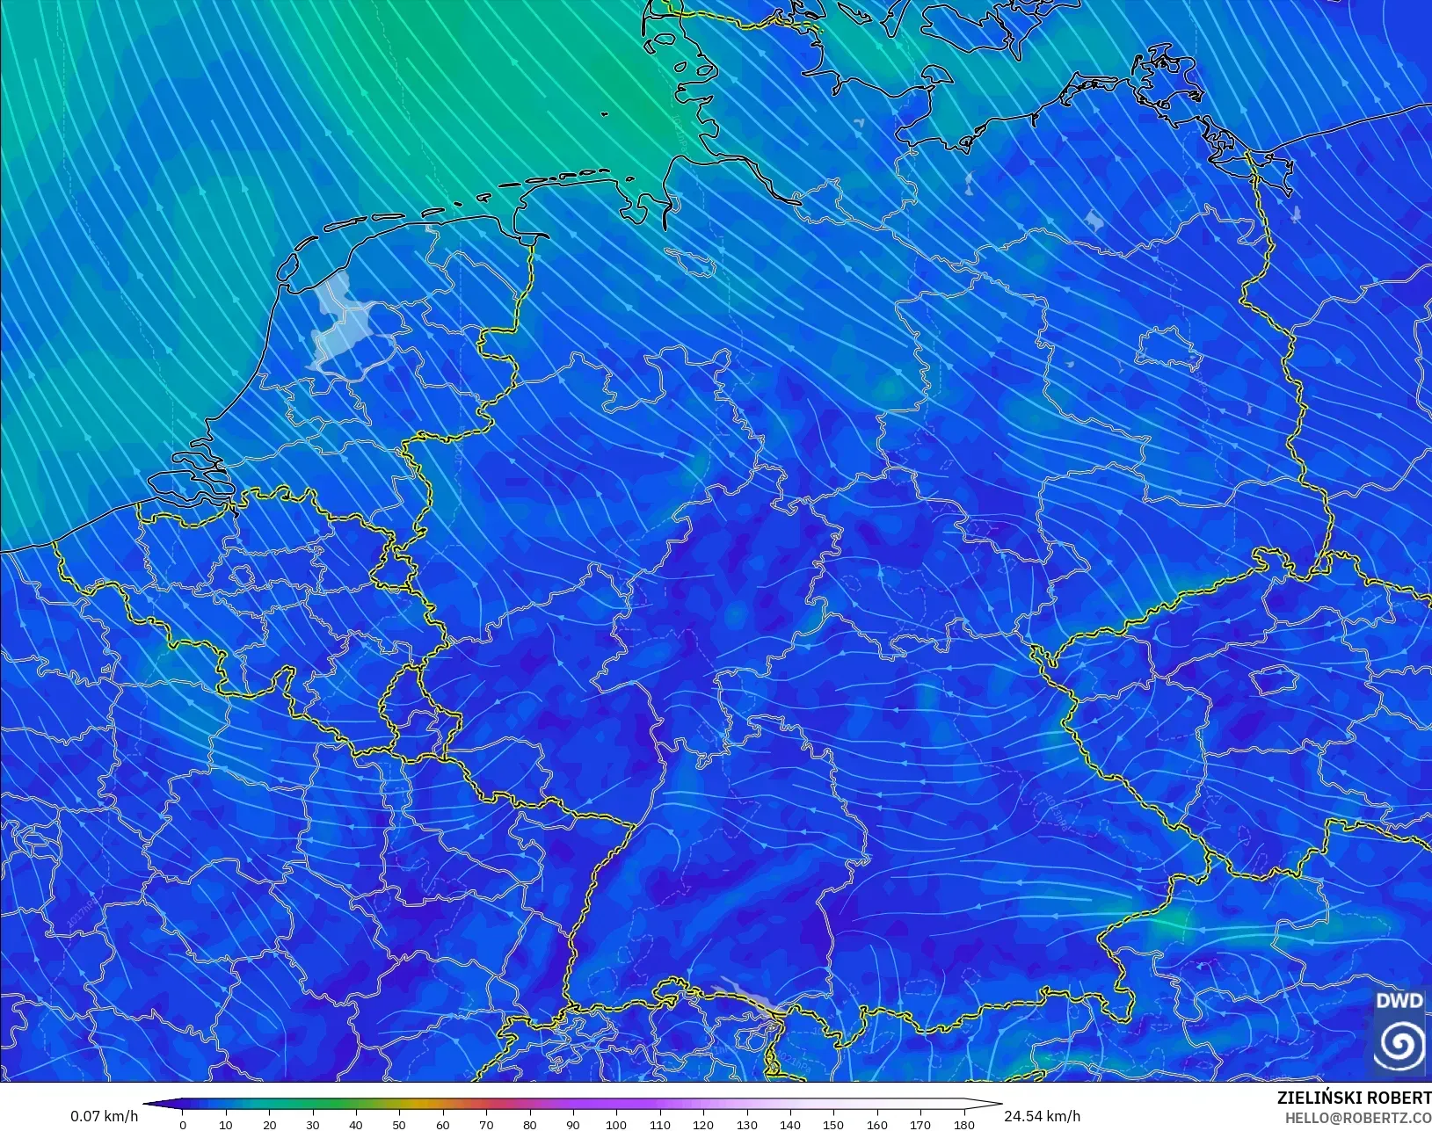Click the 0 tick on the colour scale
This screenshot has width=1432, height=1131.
point(183,1124)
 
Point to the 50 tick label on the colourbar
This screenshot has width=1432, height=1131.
point(399,1124)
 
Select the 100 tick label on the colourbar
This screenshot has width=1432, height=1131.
point(616,1124)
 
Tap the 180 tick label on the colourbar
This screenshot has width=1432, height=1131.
point(963,1124)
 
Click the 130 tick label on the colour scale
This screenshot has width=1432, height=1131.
point(746,1124)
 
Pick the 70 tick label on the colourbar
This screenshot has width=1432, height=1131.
point(486,1124)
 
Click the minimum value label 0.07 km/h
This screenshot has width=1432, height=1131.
point(104,1116)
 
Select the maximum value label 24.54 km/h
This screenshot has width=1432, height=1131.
point(1042,1116)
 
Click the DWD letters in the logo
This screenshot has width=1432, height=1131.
point(1399,1001)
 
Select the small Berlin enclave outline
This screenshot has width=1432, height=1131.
point(1170,349)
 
